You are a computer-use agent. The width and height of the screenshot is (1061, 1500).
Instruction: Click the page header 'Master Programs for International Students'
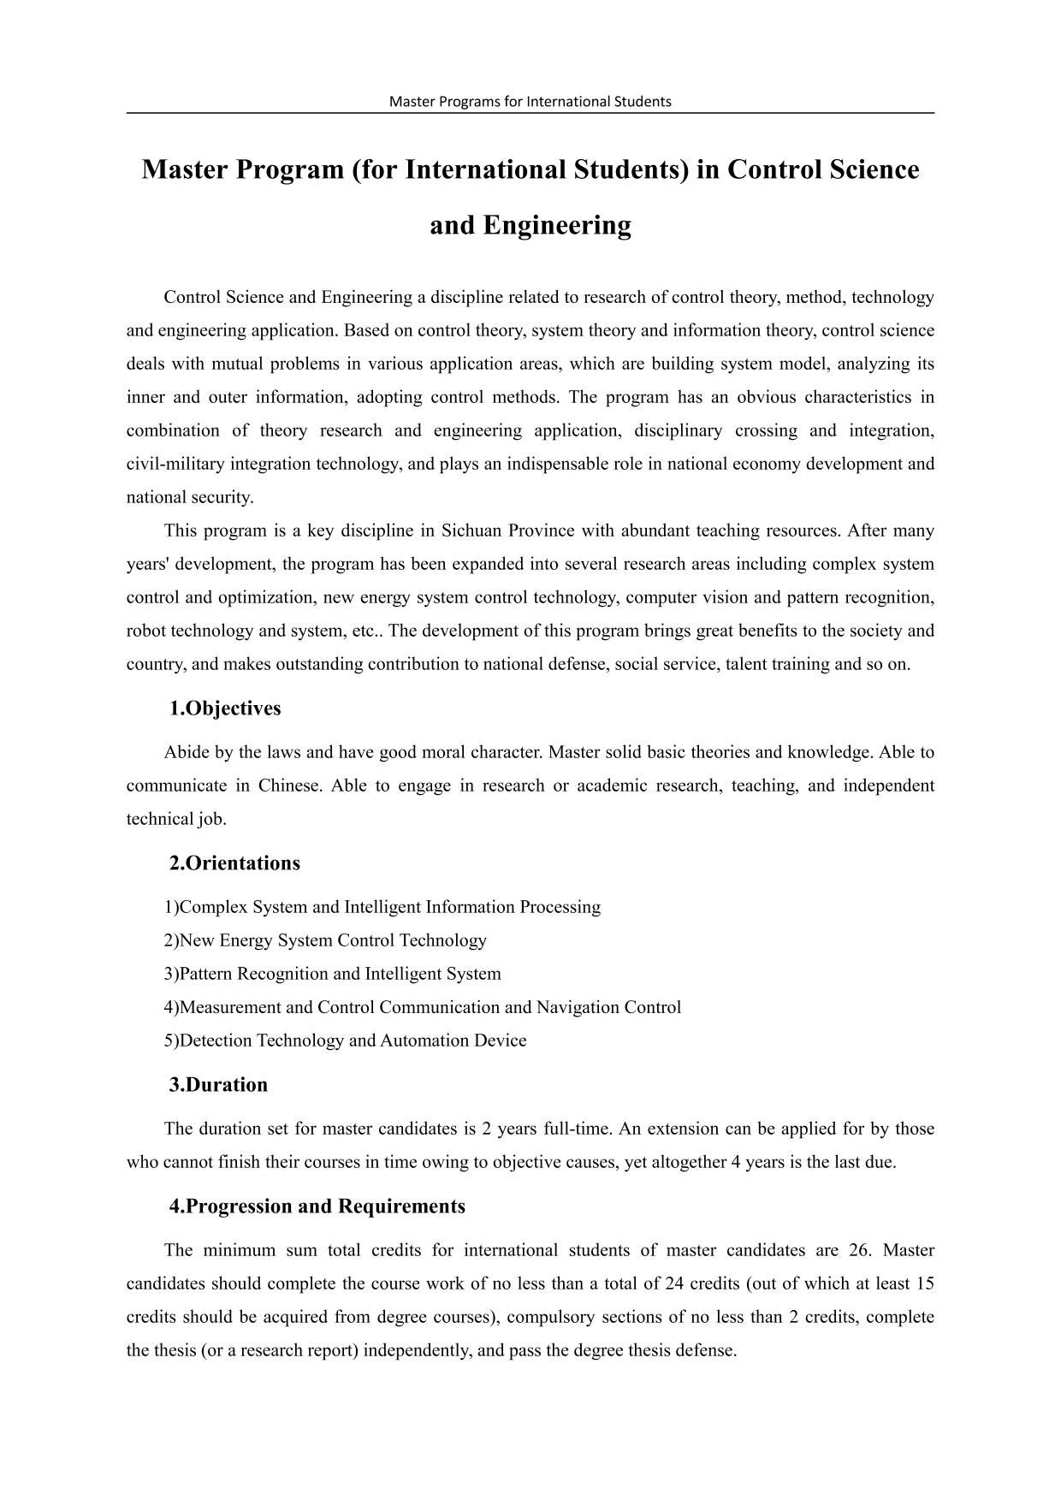(x=530, y=101)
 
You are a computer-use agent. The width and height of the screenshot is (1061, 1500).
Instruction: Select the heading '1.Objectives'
(x=225, y=708)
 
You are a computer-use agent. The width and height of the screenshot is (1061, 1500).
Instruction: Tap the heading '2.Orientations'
(x=234, y=863)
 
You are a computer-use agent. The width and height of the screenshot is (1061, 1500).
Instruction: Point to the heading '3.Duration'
(x=218, y=1085)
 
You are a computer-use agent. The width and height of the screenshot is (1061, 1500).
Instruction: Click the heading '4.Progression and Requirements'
(x=317, y=1207)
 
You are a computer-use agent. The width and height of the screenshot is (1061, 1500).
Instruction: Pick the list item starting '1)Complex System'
(x=382, y=907)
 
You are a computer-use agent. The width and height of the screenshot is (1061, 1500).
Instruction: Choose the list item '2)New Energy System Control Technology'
(x=325, y=940)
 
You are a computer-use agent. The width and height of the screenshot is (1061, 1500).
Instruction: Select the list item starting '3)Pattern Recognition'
(x=332, y=974)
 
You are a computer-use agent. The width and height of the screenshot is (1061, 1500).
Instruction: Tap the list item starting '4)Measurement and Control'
(x=422, y=1007)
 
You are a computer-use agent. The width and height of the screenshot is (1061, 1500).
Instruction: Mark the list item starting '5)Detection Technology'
(x=345, y=1041)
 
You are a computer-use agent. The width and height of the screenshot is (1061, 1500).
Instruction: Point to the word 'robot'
(x=146, y=631)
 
